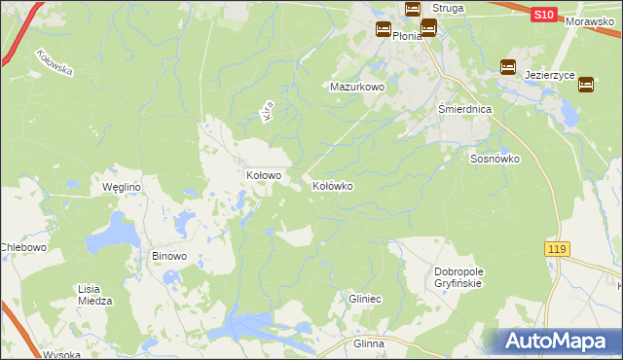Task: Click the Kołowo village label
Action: [263, 176]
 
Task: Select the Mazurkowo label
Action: [358, 87]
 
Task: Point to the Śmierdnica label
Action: [464, 110]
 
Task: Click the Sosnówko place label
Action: [495, 159]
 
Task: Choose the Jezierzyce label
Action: [550, 75]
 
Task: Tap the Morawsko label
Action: [595, 20]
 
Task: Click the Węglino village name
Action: [123, 187]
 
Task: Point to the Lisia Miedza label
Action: [95, 295]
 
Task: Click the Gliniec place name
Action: [364, 300]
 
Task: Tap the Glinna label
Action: [369, 343]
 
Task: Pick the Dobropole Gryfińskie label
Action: [458, 277]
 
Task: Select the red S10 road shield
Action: [544, 16]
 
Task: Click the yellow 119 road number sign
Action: [557, 250]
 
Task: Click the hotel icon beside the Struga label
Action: [412, 9]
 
